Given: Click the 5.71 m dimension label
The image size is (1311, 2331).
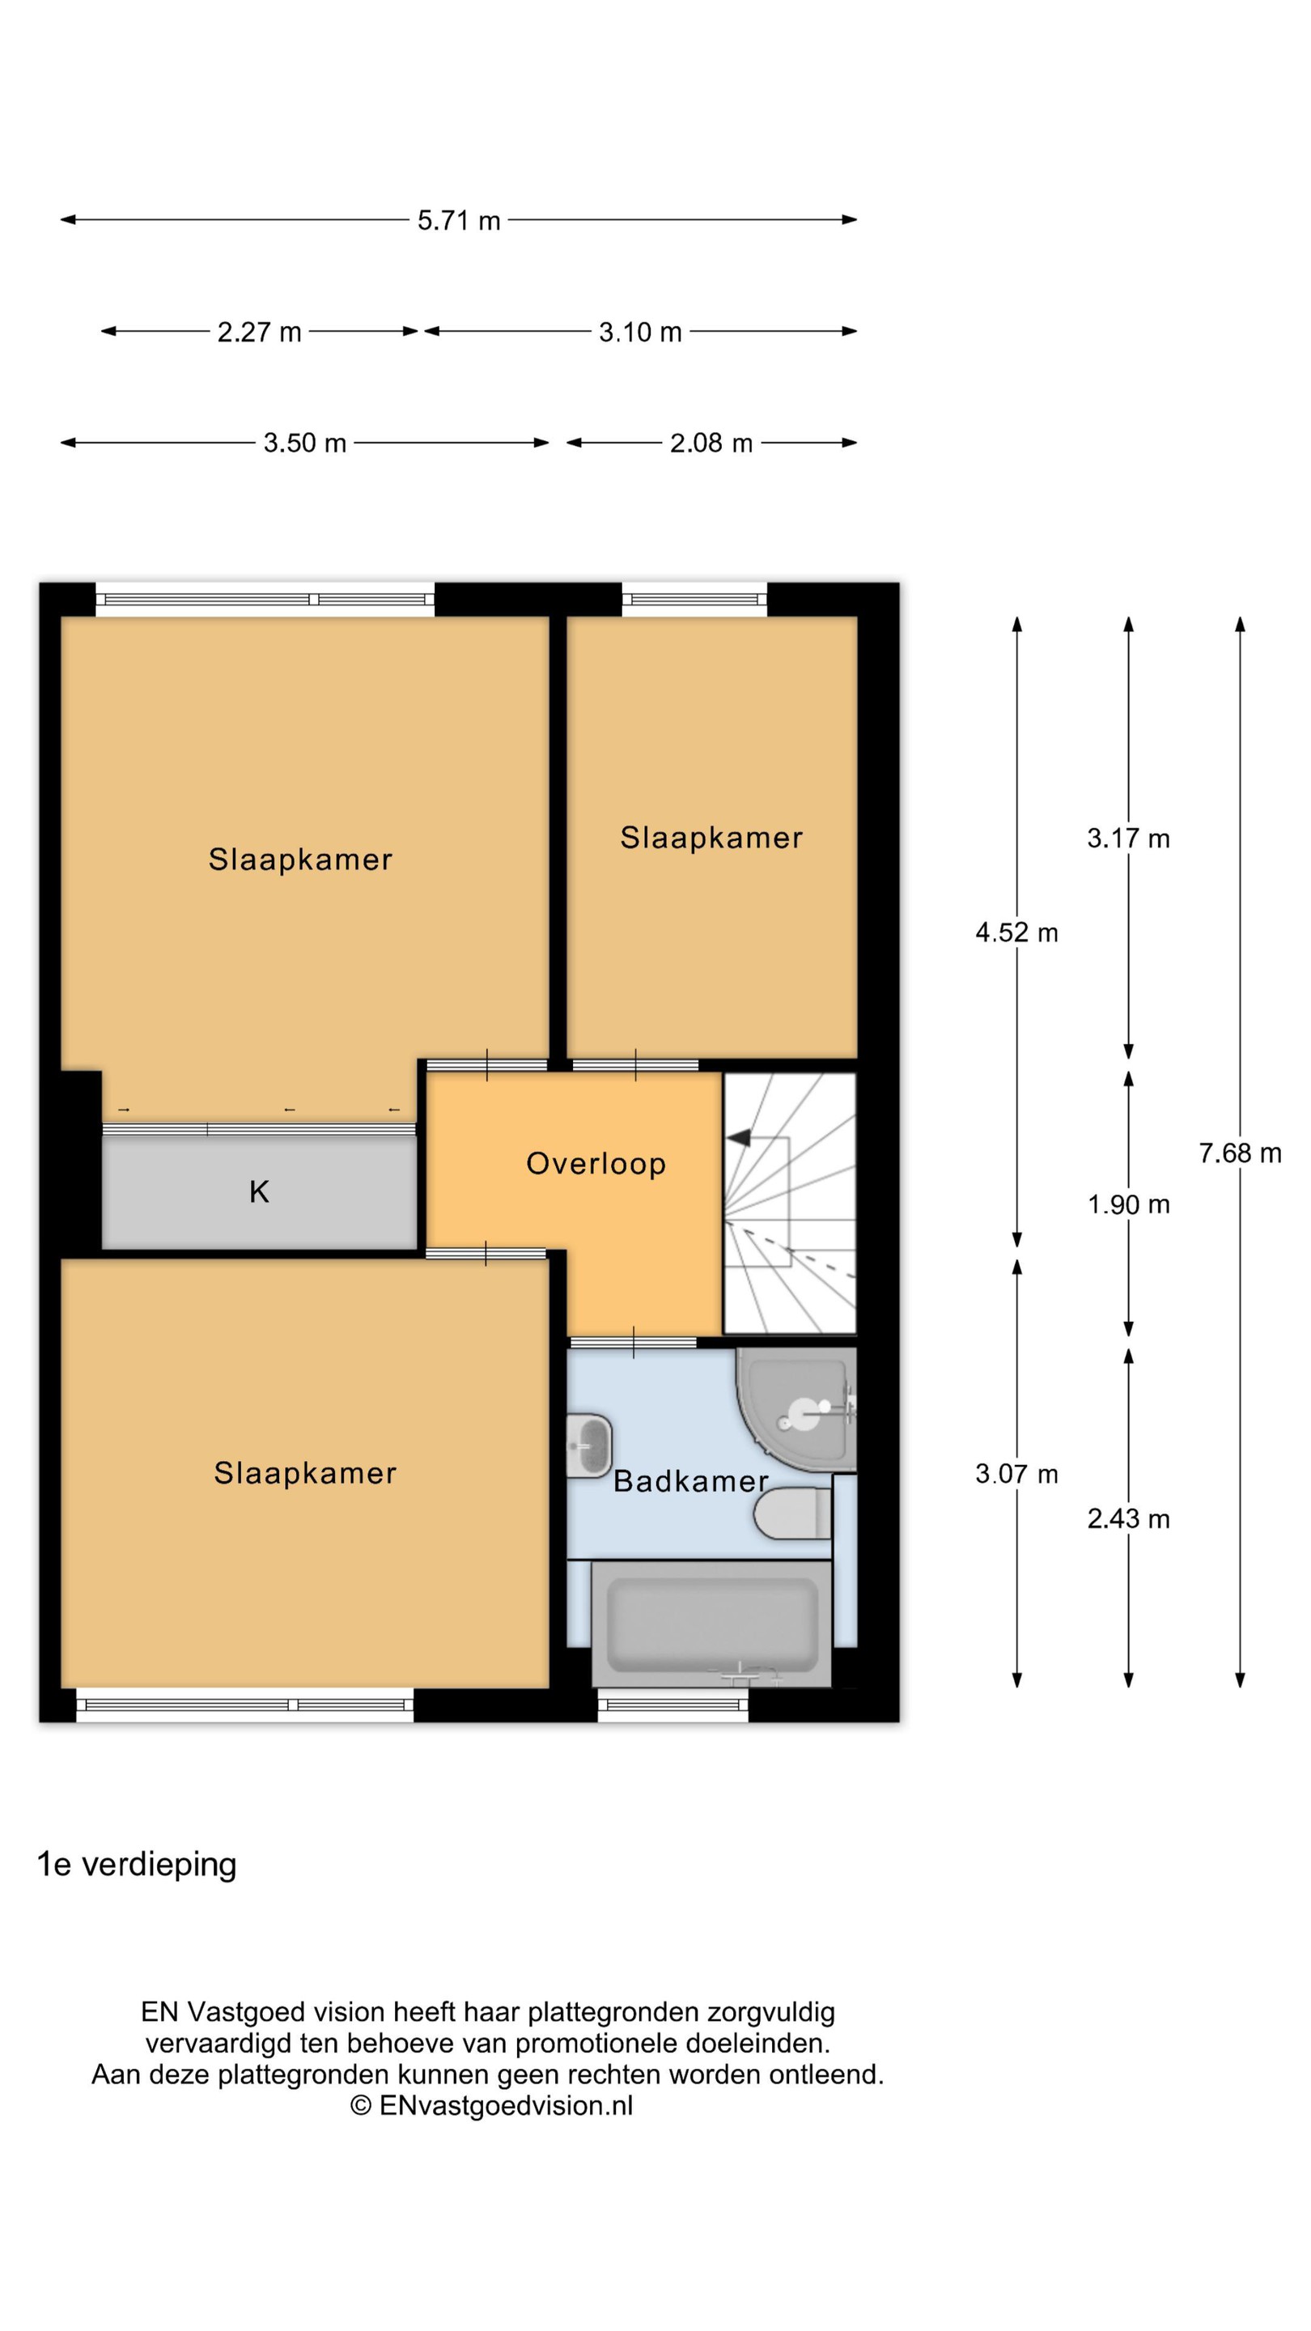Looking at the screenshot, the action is pos(459,221).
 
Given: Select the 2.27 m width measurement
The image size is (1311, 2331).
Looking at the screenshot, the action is pos(259,332).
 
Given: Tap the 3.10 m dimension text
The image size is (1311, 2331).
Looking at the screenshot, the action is pos(639,332).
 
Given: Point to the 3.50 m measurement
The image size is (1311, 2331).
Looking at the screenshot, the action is pos(305,444).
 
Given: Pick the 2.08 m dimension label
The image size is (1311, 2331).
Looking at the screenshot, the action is pos(711,444).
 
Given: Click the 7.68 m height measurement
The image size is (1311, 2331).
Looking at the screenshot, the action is pos(1240,1153).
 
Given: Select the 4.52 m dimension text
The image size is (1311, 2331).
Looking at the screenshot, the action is pos(1016,932).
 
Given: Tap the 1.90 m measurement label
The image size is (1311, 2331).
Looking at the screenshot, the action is pos(1128,1204).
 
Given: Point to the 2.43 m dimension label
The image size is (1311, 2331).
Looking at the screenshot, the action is pos(1128,1518).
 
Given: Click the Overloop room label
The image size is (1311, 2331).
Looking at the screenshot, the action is pos(596,1164).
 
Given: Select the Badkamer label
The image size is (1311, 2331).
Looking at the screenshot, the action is pos(691,1481).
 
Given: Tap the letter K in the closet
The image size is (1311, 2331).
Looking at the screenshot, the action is pos(260,1191).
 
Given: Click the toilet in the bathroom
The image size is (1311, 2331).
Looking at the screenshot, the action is pos(792,1514).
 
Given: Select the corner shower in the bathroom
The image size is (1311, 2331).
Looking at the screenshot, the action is pos(796,1409).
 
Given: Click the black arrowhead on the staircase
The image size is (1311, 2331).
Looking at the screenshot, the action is pos(738,1137).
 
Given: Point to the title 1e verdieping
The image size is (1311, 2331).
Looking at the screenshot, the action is pos(137,1865).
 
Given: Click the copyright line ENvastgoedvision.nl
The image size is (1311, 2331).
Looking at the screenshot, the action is pos(491,2106).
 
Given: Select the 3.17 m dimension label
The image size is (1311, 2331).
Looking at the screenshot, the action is pos(1128,838).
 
